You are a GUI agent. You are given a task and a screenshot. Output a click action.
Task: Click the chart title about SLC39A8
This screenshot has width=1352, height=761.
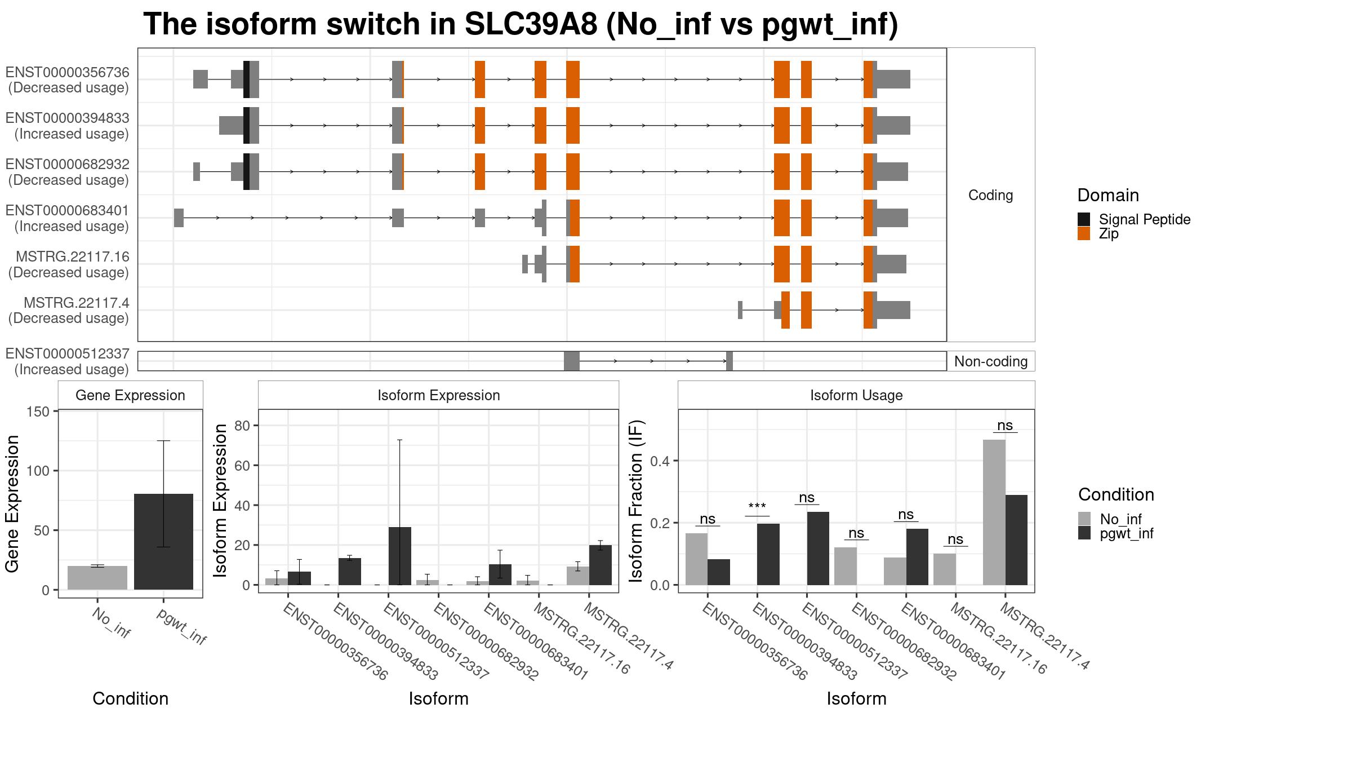coord(521,24)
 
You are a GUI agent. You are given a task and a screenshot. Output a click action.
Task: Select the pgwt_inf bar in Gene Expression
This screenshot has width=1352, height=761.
coord(163,542)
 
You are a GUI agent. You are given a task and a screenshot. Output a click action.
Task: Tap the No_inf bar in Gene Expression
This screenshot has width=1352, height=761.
coord(97,578)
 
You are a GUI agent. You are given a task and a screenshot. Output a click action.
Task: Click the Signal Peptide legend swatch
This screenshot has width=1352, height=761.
coord(1084,219)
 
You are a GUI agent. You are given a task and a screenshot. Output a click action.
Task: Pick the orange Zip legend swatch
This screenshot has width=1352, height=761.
coord(1084,233)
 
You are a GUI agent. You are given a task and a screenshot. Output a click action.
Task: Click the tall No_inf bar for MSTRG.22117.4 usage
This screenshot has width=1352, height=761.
coord(994,512)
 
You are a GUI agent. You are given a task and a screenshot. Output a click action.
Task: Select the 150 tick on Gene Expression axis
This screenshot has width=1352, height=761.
coord(38,412)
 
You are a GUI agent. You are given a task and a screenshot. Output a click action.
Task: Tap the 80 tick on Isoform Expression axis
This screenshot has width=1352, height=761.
coord(242,426)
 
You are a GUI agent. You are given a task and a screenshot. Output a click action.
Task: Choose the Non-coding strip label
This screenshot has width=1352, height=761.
coord(991,361)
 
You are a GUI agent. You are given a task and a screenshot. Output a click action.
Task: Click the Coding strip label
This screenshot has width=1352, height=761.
coord(991,195)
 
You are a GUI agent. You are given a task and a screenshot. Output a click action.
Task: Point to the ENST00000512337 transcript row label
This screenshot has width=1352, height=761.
coord(68,354)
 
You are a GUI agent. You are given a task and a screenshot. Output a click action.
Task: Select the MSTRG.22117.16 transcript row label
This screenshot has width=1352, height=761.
coord(73,257)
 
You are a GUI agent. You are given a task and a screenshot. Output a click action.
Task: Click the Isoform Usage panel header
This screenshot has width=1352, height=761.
coord(856,395)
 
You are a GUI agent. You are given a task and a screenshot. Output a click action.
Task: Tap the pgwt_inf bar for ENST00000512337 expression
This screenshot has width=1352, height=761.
coord(399,556)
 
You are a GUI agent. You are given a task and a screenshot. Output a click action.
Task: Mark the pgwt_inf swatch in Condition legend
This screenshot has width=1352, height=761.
coord(1084,533)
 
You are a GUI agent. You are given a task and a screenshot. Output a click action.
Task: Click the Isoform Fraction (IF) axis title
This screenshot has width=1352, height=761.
coord(636,501)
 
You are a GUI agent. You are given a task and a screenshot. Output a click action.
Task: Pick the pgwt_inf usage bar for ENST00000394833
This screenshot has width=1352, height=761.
coord(768,554)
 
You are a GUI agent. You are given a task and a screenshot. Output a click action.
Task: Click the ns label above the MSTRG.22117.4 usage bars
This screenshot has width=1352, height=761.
coord(1005,426)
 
